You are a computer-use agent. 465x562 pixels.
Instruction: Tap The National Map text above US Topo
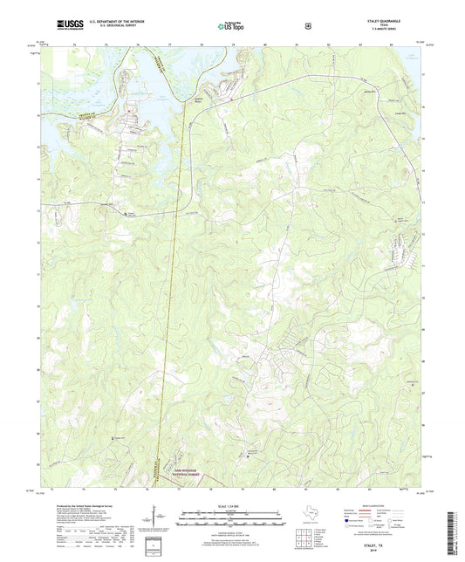[229, 21]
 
